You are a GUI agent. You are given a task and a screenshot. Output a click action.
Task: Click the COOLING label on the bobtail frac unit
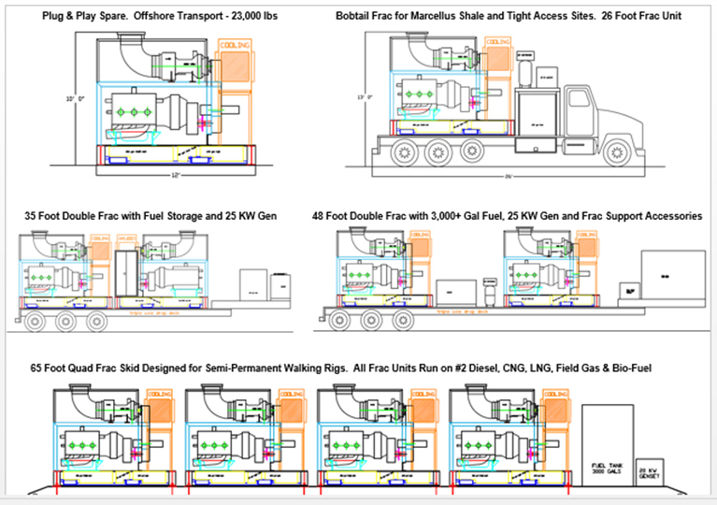coord(503,42)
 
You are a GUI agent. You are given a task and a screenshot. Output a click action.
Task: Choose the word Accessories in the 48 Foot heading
coord(668,216)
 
